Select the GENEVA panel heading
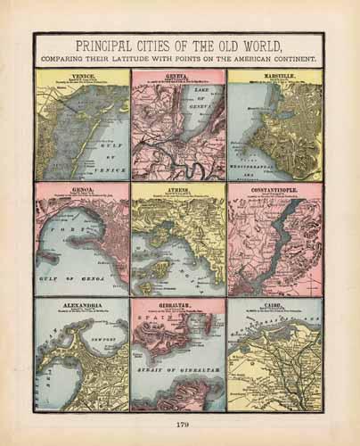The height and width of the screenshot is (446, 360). (178, 78)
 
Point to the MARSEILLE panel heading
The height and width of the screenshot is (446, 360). (275, 78)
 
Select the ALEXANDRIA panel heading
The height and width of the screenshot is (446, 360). (82, 305)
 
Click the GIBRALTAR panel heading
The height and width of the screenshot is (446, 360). (178, 305)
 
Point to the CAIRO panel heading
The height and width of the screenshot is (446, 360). (275, 305)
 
